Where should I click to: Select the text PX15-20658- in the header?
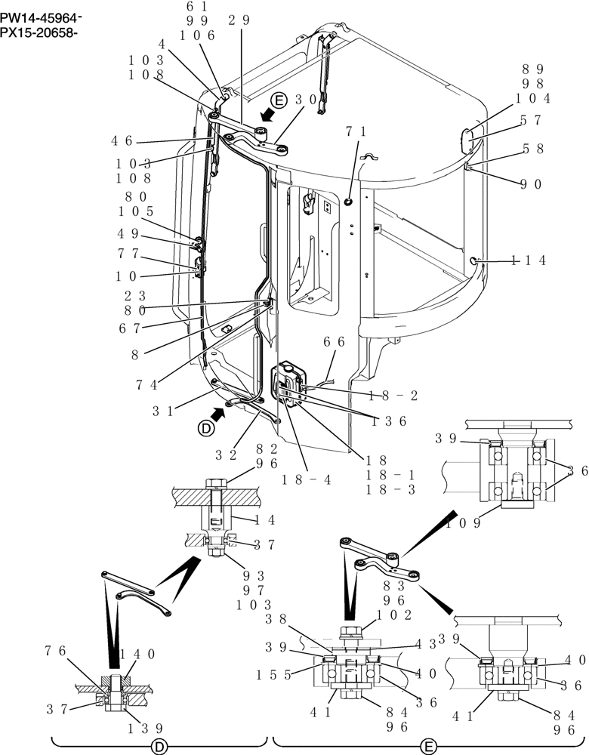pyautogui.click(x=42, y=32)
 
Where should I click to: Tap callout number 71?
pyautogui.click(x=356, y=131)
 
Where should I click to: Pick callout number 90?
pyautogui.click(x=532, y=183)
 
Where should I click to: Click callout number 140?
pyautogui.click(x=138, y=655)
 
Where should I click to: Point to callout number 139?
pyautogui.click(x=144, y=728)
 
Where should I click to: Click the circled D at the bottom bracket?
pyautogui.click(x=159, y=746)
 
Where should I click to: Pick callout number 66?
pyautogui.click(x=335, y=342)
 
